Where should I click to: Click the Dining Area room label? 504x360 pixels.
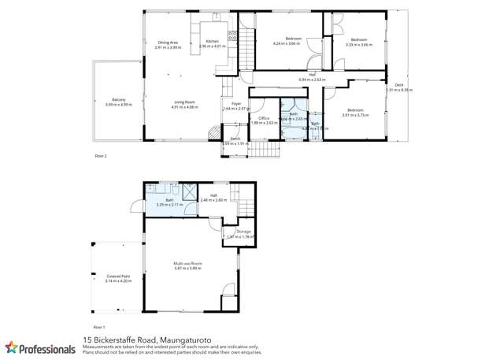[x=168, y=43]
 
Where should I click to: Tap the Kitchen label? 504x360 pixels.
[x=212, y=42]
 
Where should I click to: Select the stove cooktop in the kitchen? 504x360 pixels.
[x=233, y=35]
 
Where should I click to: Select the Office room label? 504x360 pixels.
[x=265, y=118]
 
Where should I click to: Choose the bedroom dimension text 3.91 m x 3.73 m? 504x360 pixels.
[x=355, y=115]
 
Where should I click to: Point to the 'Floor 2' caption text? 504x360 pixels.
[x=100, y=156]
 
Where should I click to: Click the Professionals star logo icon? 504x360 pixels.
[x=11, y=347]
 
